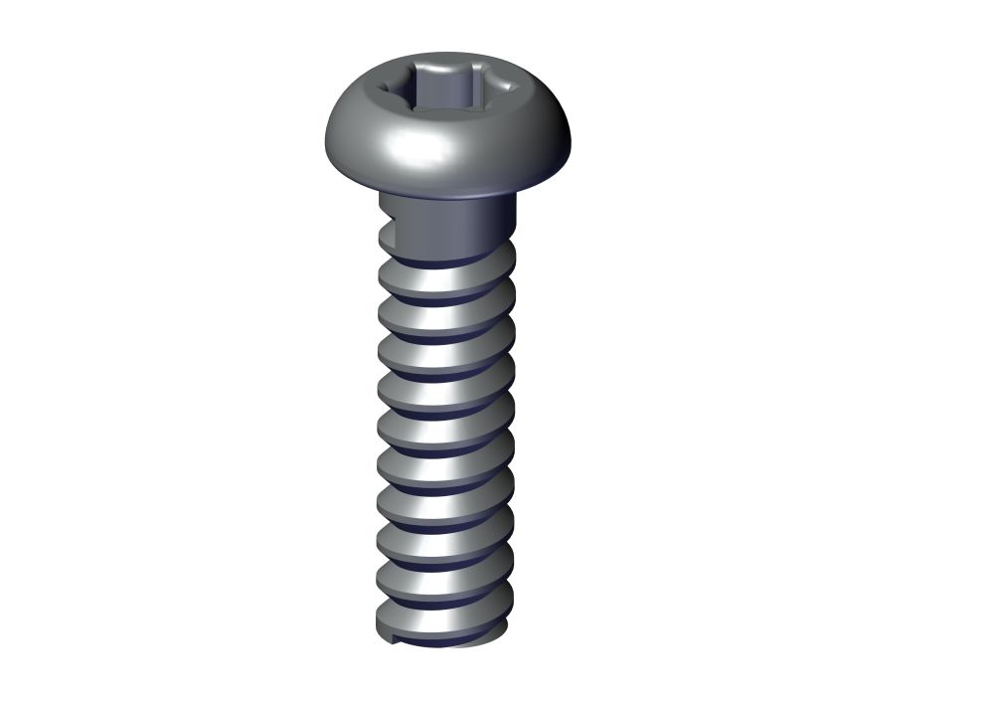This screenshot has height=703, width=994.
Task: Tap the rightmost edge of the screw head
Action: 574,144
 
